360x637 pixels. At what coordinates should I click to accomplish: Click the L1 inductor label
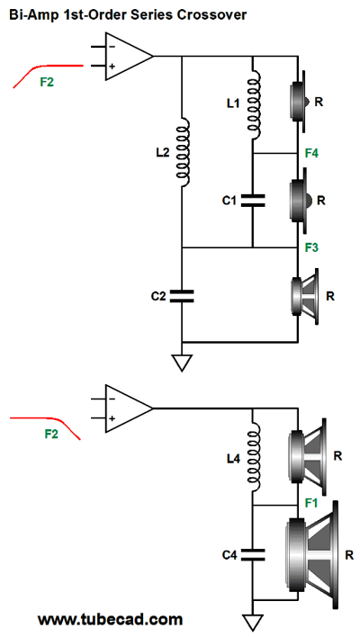pyautogui.click(x=233, y=104)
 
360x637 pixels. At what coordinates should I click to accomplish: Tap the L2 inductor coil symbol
pyautogui.click(x=184, y=153)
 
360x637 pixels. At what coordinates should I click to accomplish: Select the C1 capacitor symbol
pyautogui.click(x=253, y=201)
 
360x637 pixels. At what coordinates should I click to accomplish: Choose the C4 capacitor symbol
pyautogui.click(x=253, y=554)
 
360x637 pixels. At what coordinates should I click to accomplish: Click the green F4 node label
pyautogui.click(x=312, y=154)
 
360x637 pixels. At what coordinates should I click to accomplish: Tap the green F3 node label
pyautogui.click(x=312, y=247)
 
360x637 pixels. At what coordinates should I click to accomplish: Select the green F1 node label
pyautogui.click(x=311, y=503)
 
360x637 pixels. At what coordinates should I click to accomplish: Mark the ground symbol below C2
pyautogui.click(x=182, y=363)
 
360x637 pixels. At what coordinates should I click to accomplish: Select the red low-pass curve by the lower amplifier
pyautogui.click(x=45, y=424)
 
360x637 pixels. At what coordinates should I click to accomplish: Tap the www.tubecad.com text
pyautogui.click(x=110, y=620)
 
